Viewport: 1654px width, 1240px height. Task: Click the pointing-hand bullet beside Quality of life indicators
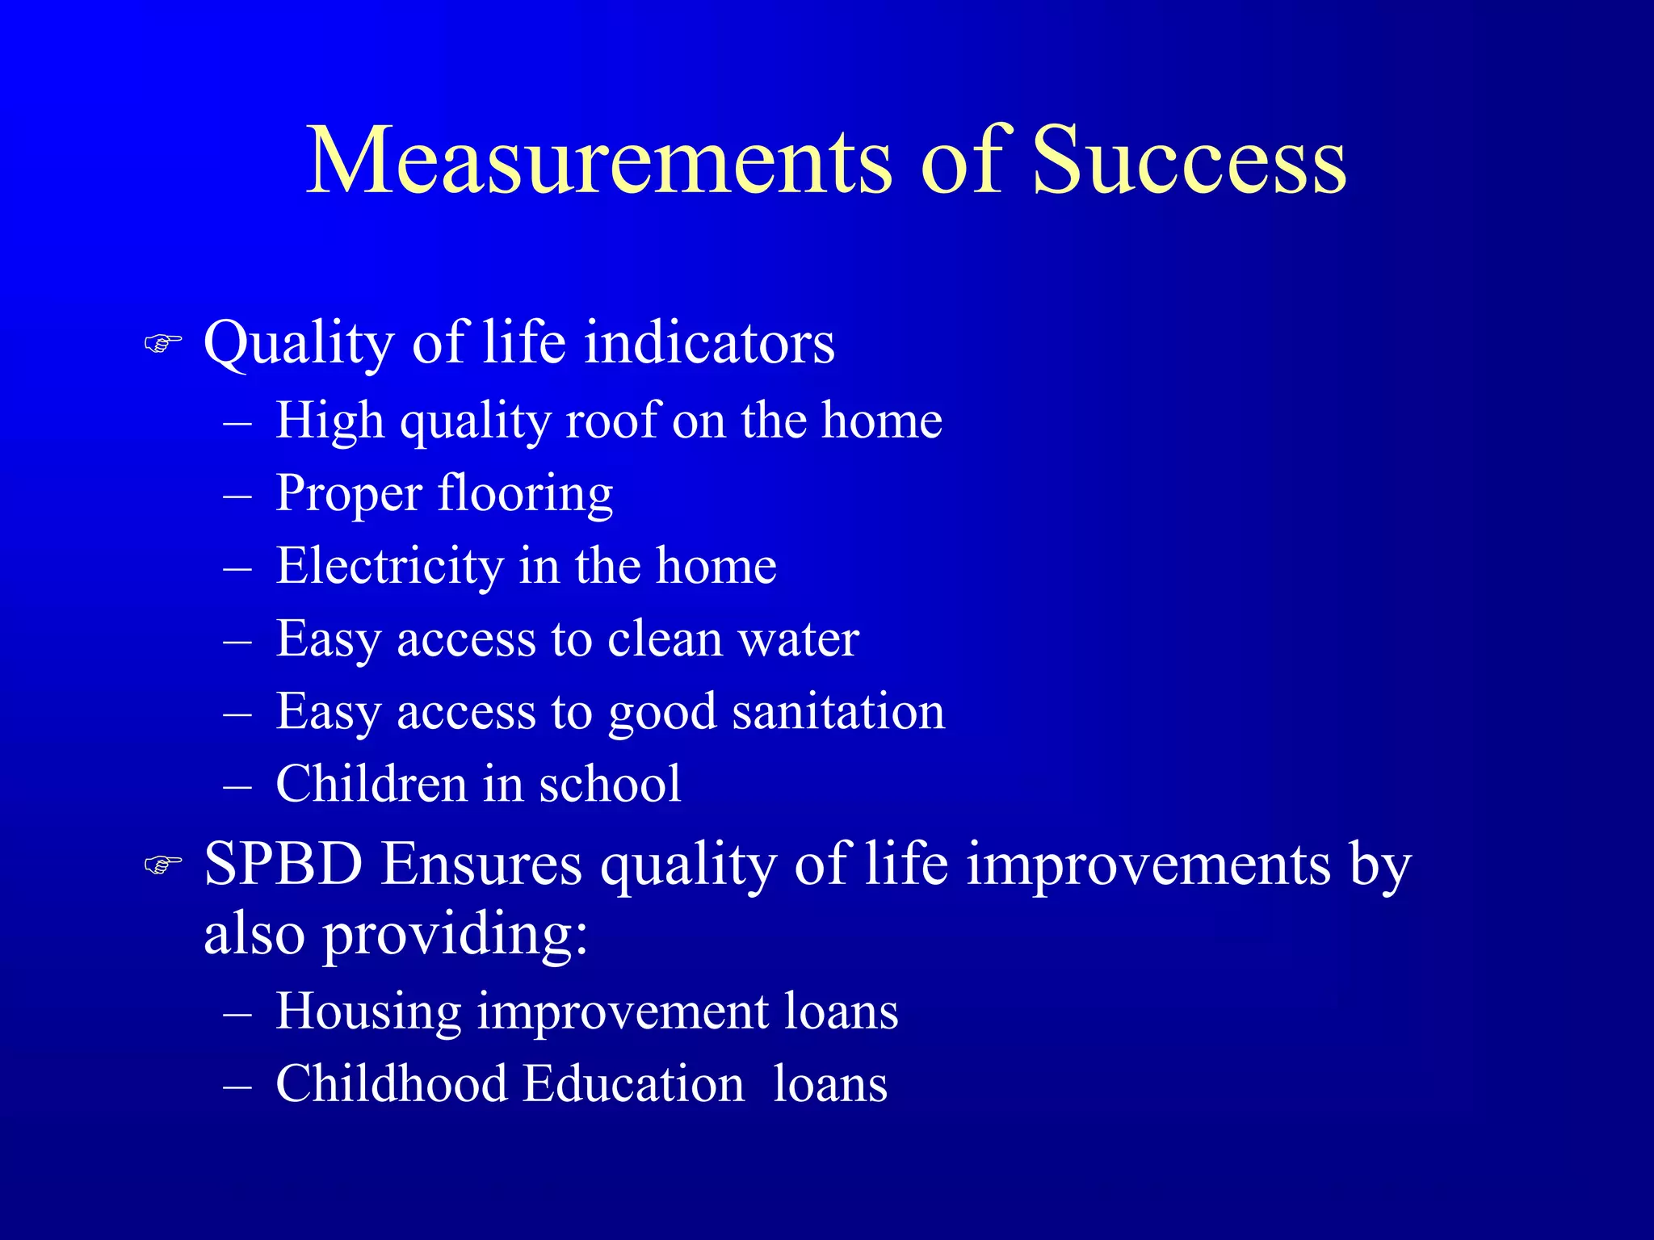pyautogui.click(x=162, y=344)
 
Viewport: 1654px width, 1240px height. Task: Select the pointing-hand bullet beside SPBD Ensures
pyautogui.click(x=162, y=865)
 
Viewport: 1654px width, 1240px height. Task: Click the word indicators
pyautogui.click(x=709, y=342)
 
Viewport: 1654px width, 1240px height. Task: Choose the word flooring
pyautogui.click(x=525, y=494)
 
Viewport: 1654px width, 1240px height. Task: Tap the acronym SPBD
pyautogui.click(x=283, y=864)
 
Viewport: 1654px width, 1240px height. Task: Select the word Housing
pyautogui.click(x=367, y=1011)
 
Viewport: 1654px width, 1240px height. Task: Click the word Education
pyautogui.click(x=633, y=1083)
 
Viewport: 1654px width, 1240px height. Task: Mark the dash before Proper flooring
pyautogui.click(x=237, y=495)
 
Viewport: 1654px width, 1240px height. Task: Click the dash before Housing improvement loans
pyautogui.click(x=237, y=1012)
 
